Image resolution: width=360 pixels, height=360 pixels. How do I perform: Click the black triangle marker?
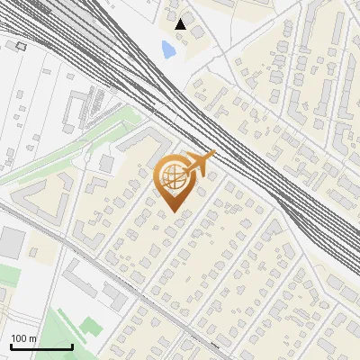tap(181, 24)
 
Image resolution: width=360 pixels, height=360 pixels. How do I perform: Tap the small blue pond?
tap(168, 49)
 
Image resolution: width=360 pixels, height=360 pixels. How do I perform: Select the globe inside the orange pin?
tap(175, 177)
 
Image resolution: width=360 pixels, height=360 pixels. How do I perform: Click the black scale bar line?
tap(41, 346)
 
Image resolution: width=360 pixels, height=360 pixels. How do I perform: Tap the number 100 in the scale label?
tap(18, 338)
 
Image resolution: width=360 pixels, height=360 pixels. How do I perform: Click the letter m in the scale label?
tap(32, 338)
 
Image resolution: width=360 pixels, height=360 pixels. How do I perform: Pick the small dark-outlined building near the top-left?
tap(21, 44)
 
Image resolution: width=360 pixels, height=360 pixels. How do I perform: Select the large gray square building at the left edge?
tap(11, 241)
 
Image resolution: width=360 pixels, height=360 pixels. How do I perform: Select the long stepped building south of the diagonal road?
tap(99, 284)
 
